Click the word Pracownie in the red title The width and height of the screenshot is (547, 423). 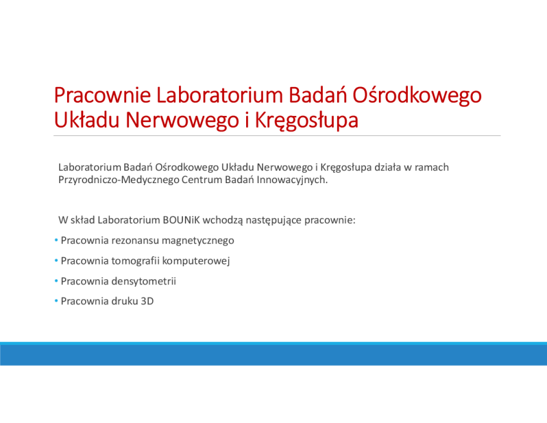pyautogui.click(x=102, y=95)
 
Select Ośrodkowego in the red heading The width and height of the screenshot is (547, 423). pyautogui.click(x=417, y=96)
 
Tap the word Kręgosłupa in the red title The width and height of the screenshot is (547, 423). pyautogui.click(x=307, y=121)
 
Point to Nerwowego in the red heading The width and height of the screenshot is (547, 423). pyautogui.click(x=182, y=121)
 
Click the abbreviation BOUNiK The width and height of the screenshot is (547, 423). pyautogui.click(x=182, y=220)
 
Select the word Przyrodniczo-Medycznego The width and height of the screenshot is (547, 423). pyautogui.click(x=119, y=180)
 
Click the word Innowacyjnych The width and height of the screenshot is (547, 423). pyautogui.click(x=293, y=180)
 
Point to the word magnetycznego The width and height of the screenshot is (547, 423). pyautogui.click(x=198, y=241)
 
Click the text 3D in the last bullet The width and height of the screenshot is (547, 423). pyautogui.click(x=147, y=301)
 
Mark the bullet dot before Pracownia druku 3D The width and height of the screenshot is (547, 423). pyautogui.click(x=56, y=301)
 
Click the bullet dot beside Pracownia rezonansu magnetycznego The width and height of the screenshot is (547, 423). pyautogui.click(x=56, y=240)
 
